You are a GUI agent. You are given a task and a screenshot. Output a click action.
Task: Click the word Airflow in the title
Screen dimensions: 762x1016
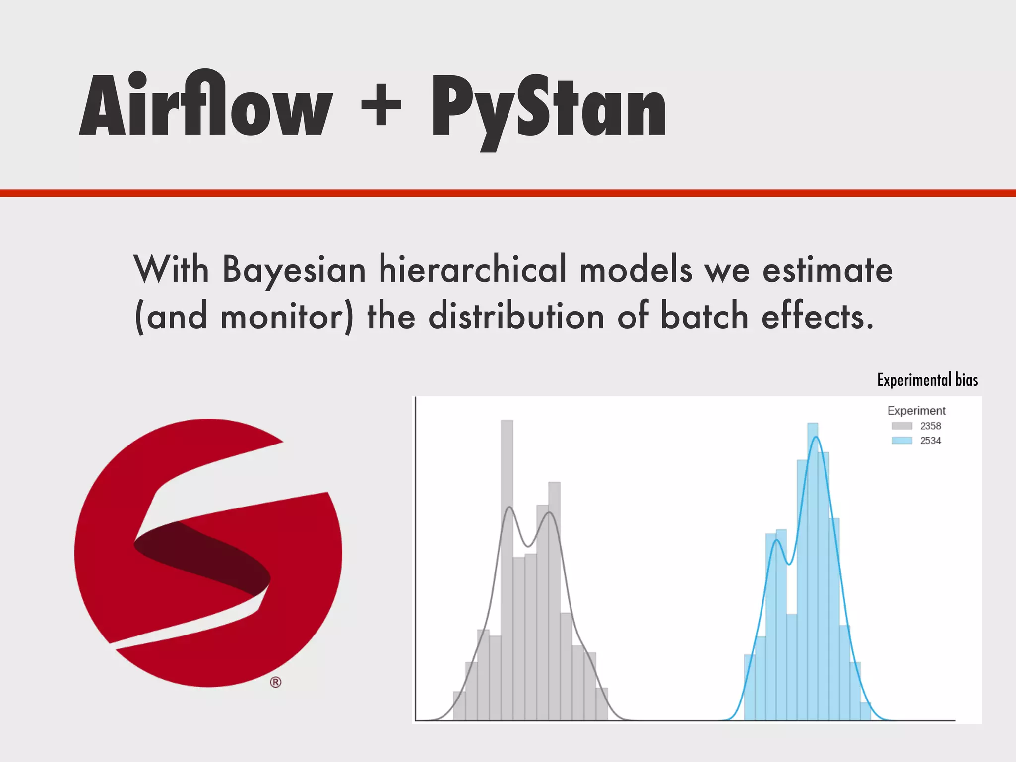pyautogui.click(x=206, y=105)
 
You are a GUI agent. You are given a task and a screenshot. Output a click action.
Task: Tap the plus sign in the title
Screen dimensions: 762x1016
pyautogui.click(x=381, y=105)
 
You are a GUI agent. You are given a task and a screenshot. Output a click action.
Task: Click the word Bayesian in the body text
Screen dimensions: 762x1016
pyautogui.click(x=294, y=270)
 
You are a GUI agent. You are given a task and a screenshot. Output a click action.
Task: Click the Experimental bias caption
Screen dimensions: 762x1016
pyautogui.click(x=927, y=380)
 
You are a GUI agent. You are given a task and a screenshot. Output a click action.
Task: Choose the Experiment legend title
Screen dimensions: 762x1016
pyautogui.click(x=916, y=411)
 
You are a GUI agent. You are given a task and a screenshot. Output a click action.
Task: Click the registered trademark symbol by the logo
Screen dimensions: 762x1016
pyautogui.click(x=276, y=682)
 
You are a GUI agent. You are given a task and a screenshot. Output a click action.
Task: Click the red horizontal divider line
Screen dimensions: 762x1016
pyautogui.click(x=508, y=193)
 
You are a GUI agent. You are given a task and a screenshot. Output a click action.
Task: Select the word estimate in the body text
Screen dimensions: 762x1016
pyautogui.click(x=827, y=270)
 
